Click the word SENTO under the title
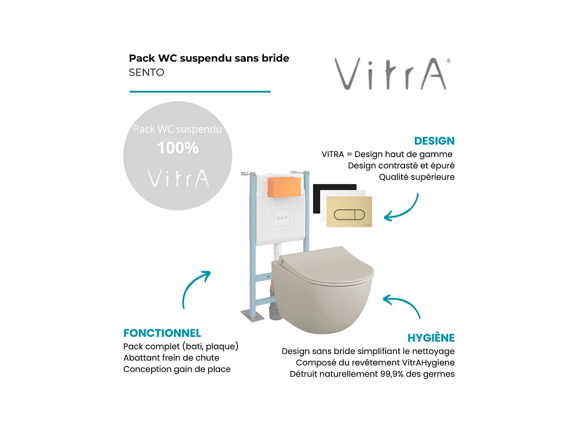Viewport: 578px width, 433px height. pos(146,72)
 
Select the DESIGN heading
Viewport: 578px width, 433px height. pos(434,141)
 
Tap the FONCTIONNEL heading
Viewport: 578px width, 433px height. pos(162,333)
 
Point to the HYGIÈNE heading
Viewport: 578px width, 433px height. pos(431,338)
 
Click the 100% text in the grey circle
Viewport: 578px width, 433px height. pos(178,148)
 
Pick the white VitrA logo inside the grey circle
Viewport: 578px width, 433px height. pos(178,178)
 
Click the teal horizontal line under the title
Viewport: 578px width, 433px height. pos(200,91)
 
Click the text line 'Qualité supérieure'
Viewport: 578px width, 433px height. pos(417,177)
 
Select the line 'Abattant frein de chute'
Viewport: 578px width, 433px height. pos(171,358)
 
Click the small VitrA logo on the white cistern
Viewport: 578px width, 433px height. pos(282,218)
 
